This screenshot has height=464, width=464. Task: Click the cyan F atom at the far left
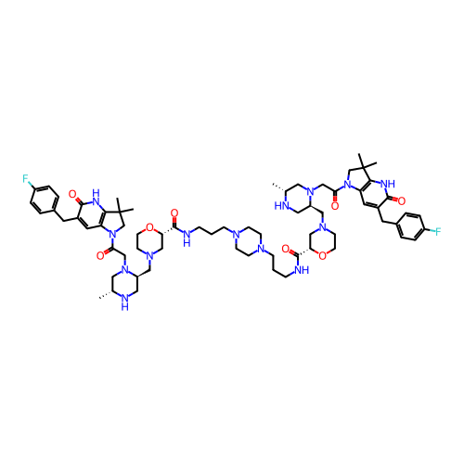click(26, 179)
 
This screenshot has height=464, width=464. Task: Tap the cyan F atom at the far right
click(436, 231)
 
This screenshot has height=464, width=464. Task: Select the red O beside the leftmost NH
click(72, 194)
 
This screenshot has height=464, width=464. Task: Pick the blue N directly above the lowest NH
click(124, 270)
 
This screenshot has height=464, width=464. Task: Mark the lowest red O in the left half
click(100, 254)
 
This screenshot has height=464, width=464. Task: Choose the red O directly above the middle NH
click(174, 213)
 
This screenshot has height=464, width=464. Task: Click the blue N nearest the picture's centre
click(236, 234)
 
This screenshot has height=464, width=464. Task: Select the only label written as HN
click(281, 204)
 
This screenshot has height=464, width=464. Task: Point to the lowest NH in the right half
click(300, 269)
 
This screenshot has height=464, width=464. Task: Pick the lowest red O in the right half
click(322, 255)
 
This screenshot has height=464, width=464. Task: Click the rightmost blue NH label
click(387, 185)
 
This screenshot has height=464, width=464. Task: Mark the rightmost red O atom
click(401, 200)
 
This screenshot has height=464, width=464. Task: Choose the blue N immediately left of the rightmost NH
click(347, 182)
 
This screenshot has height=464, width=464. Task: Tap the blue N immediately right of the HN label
click(310, 192)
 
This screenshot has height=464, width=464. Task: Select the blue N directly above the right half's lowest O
click(321, 225)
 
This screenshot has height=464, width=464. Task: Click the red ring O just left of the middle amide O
click(149, 227)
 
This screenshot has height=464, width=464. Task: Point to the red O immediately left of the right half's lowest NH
click(286, 249)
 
